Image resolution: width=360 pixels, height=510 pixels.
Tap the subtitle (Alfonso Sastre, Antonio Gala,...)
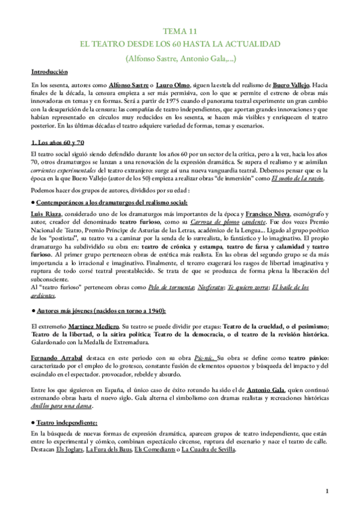coord(180,59)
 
